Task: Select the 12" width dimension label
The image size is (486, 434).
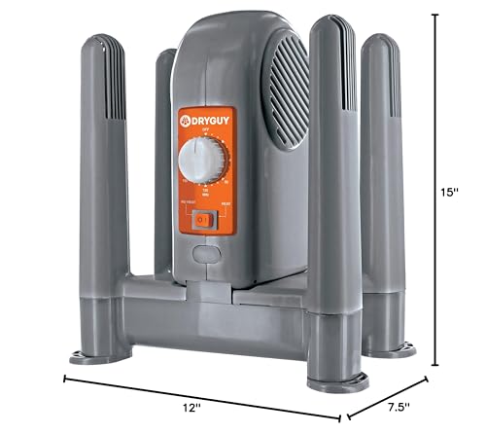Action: (195, 410)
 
